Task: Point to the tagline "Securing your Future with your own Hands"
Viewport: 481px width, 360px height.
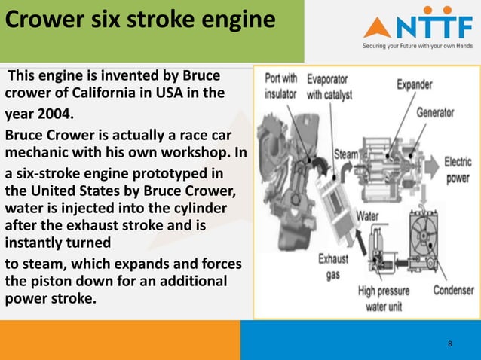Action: pos(418,45)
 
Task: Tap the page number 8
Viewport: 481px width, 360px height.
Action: pos(450,344)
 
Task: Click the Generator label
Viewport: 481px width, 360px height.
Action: pos(435,113)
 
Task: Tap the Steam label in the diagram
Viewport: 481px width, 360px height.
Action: pos(346,154)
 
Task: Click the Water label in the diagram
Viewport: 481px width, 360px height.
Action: pos(366,216)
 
